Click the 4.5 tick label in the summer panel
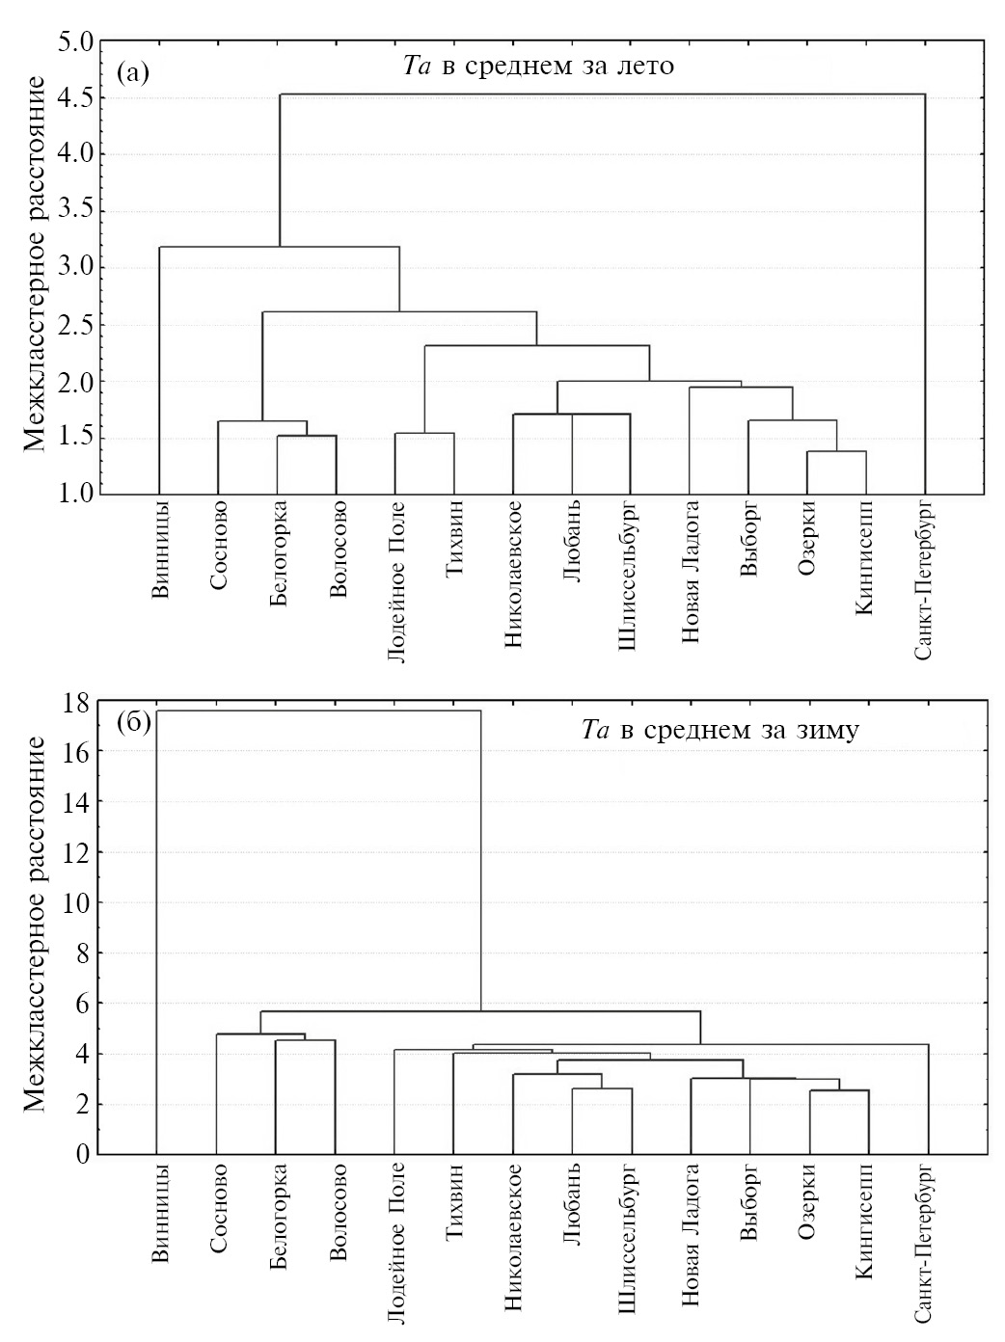pyautogui.click(x=76, y=98)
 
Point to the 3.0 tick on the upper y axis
pyautogui.click(x=76, y=268)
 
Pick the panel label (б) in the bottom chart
pyautogui.click(x=132, y=724)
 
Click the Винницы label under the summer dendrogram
pyautogui.click(x=161, y=548)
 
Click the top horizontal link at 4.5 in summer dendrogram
pyautogui.click(x=602, y=94)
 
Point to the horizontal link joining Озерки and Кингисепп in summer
pyautogui.click(x=836, y=451)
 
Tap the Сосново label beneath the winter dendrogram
pyautogui.click(x=218, y=1209)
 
